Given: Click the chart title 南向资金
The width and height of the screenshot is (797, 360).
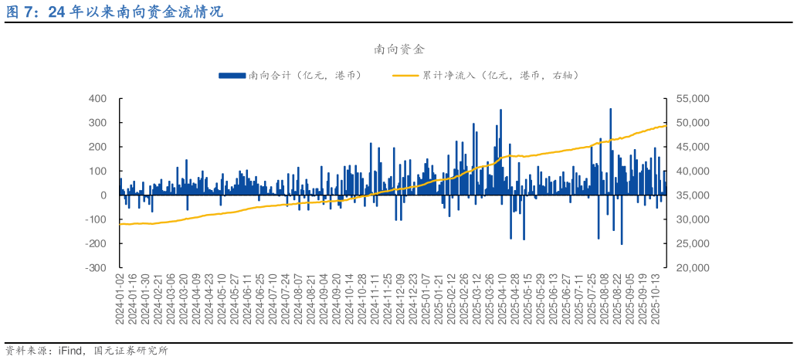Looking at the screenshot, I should pos(399,49).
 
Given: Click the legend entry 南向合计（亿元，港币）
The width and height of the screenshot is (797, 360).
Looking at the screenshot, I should pos(304,75).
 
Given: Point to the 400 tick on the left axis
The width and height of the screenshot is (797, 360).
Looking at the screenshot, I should pos(97,99).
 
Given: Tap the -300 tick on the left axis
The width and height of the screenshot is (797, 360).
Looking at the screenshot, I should pos(96,268).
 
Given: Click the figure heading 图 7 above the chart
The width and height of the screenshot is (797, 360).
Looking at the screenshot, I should pos(22,12).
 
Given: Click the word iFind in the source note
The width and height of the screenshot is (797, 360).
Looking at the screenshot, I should pos(70,351).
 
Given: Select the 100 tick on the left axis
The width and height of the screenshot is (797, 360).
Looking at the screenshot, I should pos(97,171).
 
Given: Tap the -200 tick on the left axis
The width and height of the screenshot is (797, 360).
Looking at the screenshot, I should pos(96,243).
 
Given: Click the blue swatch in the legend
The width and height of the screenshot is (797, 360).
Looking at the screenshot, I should pos(232,75).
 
